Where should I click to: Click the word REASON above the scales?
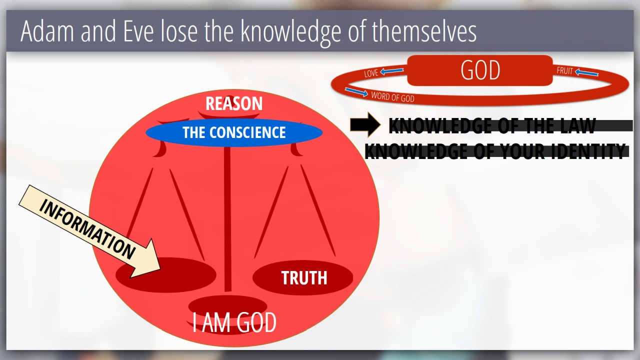[x=234, y=103]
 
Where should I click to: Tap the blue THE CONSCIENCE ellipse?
[x=234, y=132]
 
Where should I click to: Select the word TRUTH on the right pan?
[x=304, y=277]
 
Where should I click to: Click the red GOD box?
[x=480, y=70]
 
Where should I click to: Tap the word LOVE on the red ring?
[x=371, y=73]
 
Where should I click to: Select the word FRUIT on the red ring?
[x=564, y=70]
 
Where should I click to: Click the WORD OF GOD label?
[x=392, y=97]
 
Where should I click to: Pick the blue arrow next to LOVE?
[x=392, y=71]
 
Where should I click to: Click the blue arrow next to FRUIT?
[x=586, y=72]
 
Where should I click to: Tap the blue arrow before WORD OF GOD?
[x=356, y=92]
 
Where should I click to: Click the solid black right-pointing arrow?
[x=365, y=124]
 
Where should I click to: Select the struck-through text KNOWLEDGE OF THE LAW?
[x=492, y=125]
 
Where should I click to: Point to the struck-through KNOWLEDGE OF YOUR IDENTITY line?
[x=495, y=151]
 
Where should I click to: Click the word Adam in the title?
[x=47, y=31]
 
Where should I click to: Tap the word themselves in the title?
[x=424, y=31]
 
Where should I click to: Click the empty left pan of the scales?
[x=165, y=275]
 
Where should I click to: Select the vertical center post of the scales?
[x=227, y=219]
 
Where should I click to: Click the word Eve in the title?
[x=139, y=31]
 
